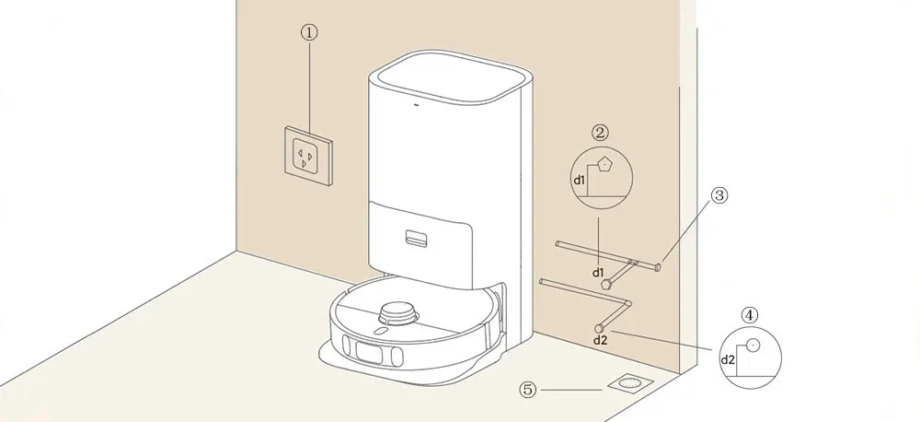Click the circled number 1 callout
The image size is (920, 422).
tap(310, 31)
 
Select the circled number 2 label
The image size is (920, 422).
tap(600, 133)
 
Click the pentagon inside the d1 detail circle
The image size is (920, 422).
tap(605, 165)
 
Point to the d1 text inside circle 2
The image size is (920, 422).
tap(580, 181)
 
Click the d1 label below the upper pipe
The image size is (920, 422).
tap(598, 274)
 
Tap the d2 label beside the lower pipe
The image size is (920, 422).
tap(600, 340)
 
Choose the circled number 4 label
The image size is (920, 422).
tap(752, 314)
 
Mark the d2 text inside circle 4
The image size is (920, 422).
tap(727, 358)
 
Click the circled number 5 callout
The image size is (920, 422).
tap(528, 390)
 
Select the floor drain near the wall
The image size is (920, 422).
tap(628, 381)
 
